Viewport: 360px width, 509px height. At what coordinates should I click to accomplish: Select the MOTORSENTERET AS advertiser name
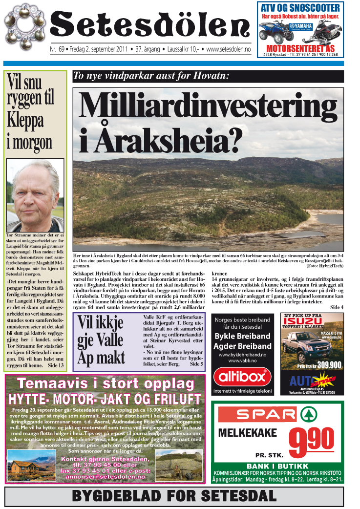tap(300, 48)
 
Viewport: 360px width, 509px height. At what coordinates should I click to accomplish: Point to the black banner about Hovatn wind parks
tap(208, 76)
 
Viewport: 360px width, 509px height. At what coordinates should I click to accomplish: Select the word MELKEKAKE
tap(248, 433)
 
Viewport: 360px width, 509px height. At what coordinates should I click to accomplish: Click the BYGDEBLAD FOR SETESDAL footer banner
tap(180, 496)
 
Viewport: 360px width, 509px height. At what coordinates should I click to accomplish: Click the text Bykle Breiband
tap(243, 336)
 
